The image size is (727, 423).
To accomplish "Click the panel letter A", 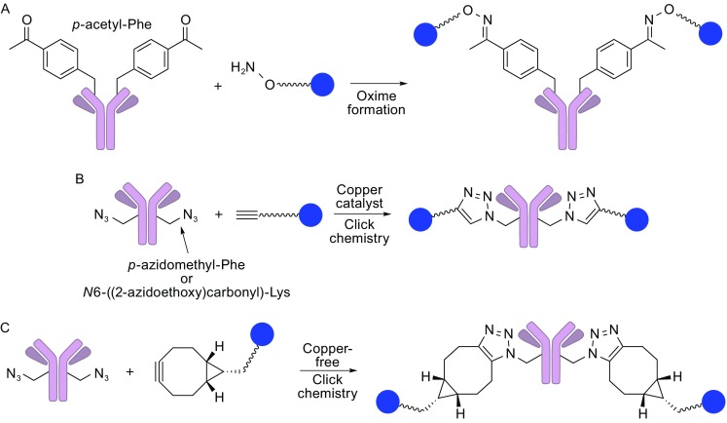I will pyautogui.click(x=7, y=9).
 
